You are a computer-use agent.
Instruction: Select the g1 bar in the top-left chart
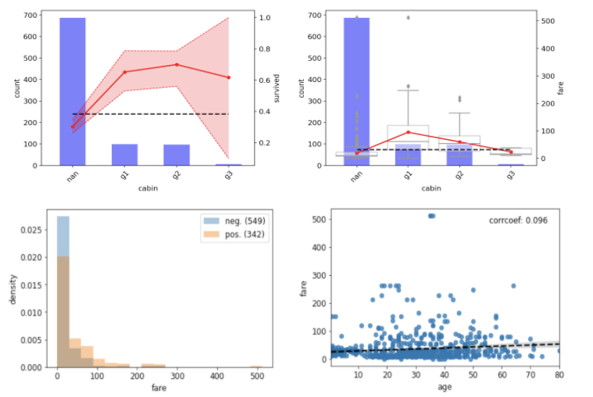pyautogui.click(x=124, y=155)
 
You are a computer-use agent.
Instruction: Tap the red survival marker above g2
pyautogui.click(x=177, y=65)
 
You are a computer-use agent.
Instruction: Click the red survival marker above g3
pyautogui.click(x=228, y=77)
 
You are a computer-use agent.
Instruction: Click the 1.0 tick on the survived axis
pyautogui.click(x=265, y=18)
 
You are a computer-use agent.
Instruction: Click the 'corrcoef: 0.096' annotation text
pyautogui.click(x=518, y=220)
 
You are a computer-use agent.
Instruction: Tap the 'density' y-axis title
pyautogui.click(x=11, y=288)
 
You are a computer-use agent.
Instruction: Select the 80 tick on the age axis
pyautogui.click(x=559, y=375)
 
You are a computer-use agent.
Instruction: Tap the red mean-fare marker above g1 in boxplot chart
pyautogui.click(x=408, y=132)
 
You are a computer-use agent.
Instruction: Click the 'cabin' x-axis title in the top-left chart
pyautogui.click(x=150, y=188)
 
